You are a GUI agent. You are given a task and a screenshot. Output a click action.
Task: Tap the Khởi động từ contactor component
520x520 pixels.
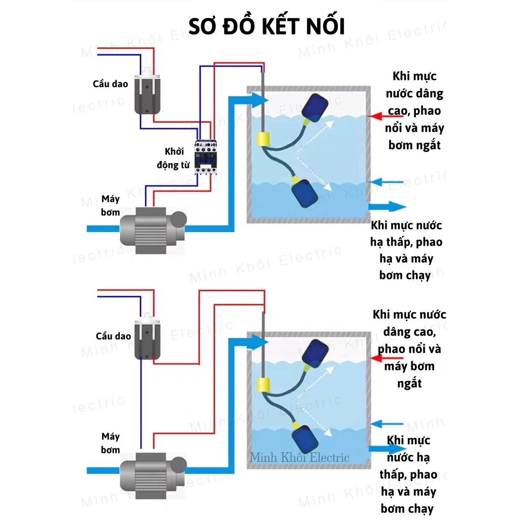coord(207,156)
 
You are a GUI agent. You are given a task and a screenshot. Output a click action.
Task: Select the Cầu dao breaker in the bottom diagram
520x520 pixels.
coord(147,338)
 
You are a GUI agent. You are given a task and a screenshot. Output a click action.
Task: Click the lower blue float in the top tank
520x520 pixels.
coord(306,192)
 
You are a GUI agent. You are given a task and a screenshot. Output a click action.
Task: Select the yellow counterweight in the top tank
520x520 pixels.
coord(265,138)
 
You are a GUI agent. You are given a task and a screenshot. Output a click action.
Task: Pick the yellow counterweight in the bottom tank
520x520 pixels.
coord(265,384)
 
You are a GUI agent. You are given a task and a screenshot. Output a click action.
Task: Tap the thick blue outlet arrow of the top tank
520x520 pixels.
coord(387,207)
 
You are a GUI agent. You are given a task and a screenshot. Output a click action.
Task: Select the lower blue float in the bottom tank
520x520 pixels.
coord(306,438)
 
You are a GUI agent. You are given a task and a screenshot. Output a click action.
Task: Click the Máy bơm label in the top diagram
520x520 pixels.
coord(110,205)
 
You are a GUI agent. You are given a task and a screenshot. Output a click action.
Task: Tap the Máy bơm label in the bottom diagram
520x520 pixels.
coord(110,443)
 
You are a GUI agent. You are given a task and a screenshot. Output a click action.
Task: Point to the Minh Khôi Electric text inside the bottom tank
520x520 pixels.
coord(300,458)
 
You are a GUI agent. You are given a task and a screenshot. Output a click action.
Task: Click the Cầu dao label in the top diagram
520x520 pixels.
coord(110,83)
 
